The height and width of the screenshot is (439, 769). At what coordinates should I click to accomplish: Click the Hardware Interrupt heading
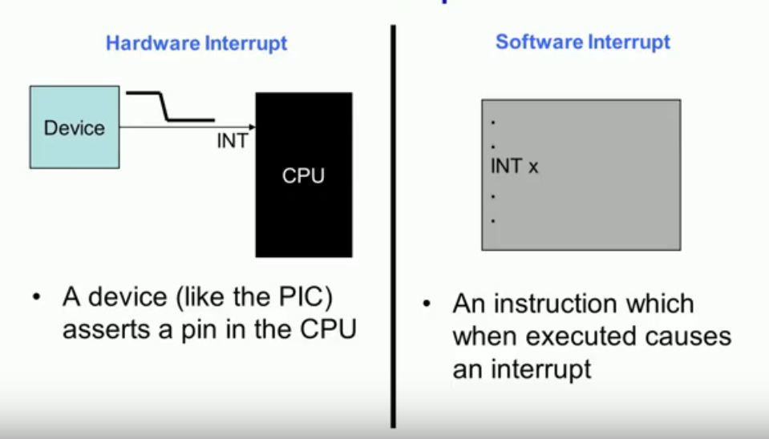[x=196, y=43]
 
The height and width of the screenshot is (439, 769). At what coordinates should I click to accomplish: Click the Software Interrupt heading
[x=582, y=42]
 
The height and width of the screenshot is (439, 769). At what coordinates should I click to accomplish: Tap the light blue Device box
[x=75, y=127]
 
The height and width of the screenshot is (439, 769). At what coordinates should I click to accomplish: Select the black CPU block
[x=303, y=175]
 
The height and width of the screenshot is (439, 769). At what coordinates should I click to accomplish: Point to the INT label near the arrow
[x=233, y=142]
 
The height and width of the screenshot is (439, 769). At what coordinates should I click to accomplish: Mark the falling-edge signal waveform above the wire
[x=169, y=107]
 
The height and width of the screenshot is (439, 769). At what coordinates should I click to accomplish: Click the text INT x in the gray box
[x=514, y=167]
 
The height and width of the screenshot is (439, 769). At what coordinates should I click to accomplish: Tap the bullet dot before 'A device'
[x=36, y=298]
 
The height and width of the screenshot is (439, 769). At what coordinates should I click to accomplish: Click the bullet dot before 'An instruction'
[x=427, y=305]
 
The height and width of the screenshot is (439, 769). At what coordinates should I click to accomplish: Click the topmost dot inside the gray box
[x=493, y=123]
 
